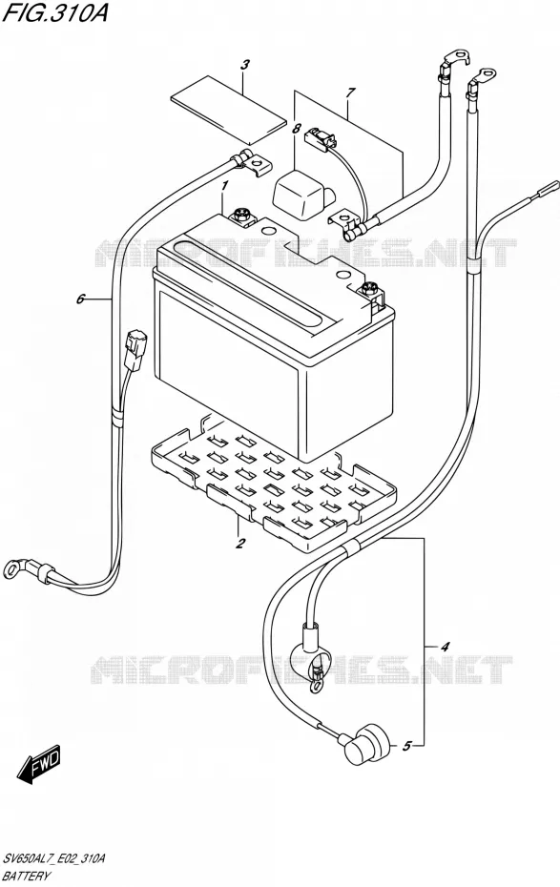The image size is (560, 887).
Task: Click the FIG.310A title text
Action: [55, 13]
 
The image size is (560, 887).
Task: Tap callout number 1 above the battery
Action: [224, 185]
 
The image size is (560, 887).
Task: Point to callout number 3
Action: [244, 65]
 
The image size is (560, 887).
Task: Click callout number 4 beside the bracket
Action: [445, 647]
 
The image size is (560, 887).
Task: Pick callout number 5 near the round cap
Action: [406, 746]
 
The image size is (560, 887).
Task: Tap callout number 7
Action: [351, 92]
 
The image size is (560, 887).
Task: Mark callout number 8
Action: [297, 129]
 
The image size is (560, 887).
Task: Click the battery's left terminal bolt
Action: [240, 214]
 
